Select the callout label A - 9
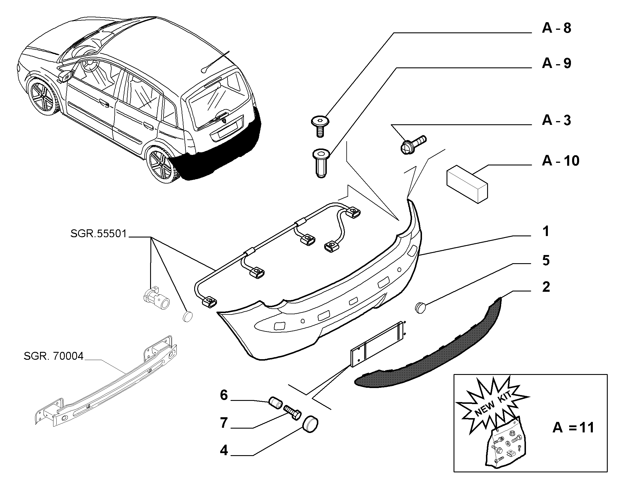(556, 63)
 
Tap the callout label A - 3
(556, 120)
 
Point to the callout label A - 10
(560, 161)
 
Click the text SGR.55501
(99, 233)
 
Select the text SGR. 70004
(54, 356)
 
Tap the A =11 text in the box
(573, 428)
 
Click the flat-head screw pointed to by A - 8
(320, 126)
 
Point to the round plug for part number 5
(421, 308)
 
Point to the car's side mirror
(66, 76)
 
